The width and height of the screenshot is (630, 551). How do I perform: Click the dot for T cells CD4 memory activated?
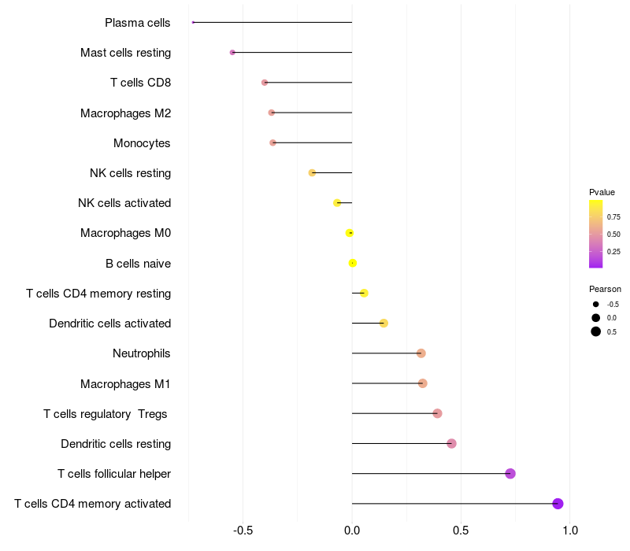pos(558,504)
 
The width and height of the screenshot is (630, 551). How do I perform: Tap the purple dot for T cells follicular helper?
pos(510,473)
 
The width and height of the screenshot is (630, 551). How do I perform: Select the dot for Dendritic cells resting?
pos(451,443)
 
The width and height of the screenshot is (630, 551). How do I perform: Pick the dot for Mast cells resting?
pos(232,52)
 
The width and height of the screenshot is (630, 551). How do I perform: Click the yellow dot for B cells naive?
pos(353,263)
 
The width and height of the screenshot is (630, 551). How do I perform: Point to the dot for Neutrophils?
pos(421,353)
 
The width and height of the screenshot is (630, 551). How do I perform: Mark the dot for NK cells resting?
pos(312,172)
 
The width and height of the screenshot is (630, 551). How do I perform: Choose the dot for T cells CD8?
pos(265,83)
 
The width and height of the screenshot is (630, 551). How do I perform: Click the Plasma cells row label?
pos(138,23)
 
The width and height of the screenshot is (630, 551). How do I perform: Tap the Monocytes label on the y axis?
pos(142,143)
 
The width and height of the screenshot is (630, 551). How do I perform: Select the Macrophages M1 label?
pos(125,384)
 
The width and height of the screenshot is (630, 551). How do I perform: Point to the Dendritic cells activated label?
pos(109,324)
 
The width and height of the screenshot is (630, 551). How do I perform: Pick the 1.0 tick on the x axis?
pos(570,531)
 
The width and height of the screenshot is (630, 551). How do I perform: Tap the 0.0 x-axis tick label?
pos(352,531)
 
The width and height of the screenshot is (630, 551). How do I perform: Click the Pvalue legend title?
pos(602,192)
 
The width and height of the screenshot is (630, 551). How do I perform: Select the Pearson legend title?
pos(605,289)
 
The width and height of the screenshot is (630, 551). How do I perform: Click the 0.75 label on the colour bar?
pos(613,217)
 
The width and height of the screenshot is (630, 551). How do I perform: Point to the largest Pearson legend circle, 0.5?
pos(596,331)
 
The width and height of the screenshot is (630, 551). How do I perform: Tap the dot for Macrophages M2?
pos(272,113)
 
